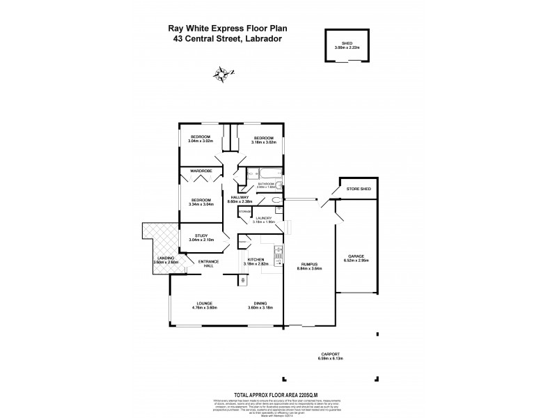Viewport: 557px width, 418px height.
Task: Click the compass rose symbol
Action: click(x=224, y=72)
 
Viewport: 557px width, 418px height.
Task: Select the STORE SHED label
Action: click(x=359, y=189)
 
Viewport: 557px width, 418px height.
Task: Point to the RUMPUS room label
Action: click(x=310, y=264)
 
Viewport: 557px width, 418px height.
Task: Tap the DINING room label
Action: click(x=260, y=303)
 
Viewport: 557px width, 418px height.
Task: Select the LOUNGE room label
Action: click(x=204, y=303)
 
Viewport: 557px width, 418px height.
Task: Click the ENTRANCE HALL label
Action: click(x=209, y=263)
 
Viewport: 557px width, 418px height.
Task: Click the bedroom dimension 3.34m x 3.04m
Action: click(x=201, y=204)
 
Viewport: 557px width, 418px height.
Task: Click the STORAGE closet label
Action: click(x=244, y=210)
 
